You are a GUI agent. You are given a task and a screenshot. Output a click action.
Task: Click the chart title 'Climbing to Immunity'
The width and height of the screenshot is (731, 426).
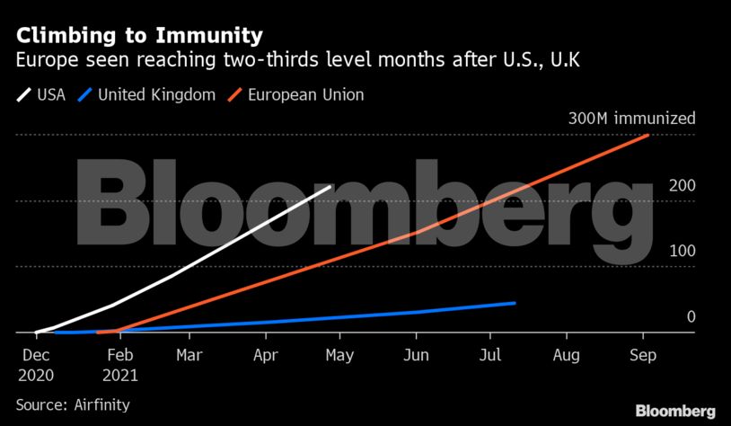click(x=139, y=36)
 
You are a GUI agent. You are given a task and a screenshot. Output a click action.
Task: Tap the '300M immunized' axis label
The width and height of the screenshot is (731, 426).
click(x=631, y=120)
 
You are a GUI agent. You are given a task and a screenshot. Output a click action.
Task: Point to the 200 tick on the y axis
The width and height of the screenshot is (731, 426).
click(x=682, y=186)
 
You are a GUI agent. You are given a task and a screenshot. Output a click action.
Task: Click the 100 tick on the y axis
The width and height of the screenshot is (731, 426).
click(x=682, y=251)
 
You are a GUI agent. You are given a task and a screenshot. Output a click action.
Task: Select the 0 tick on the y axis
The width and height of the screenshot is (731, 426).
click(x=691, y=316)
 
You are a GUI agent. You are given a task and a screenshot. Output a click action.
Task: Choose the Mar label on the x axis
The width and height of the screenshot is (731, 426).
click(x=189, y=355)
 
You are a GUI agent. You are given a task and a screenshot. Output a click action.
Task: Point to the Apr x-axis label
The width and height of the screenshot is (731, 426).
click(x=266, y=355)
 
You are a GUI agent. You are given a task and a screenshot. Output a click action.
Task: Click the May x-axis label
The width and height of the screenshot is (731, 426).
click(x=339, y=355)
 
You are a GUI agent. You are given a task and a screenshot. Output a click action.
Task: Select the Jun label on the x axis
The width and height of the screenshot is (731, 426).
click(x=416, y=355)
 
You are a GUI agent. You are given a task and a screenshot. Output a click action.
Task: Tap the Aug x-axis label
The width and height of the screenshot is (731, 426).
click(x=567, y=355)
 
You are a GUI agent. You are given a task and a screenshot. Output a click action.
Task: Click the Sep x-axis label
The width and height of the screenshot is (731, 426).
click(x=643, y=355)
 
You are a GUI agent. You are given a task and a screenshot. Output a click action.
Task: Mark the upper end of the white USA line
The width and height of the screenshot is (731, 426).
click(x=330, y=187)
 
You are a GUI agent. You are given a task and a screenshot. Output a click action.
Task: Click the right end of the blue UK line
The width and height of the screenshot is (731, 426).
click(x=515, y=303)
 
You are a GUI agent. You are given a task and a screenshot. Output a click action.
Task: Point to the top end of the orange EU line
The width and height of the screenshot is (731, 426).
click(x=648, y=136)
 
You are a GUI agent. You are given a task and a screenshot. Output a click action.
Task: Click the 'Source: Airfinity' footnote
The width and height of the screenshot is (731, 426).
click(x=73, y=404)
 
